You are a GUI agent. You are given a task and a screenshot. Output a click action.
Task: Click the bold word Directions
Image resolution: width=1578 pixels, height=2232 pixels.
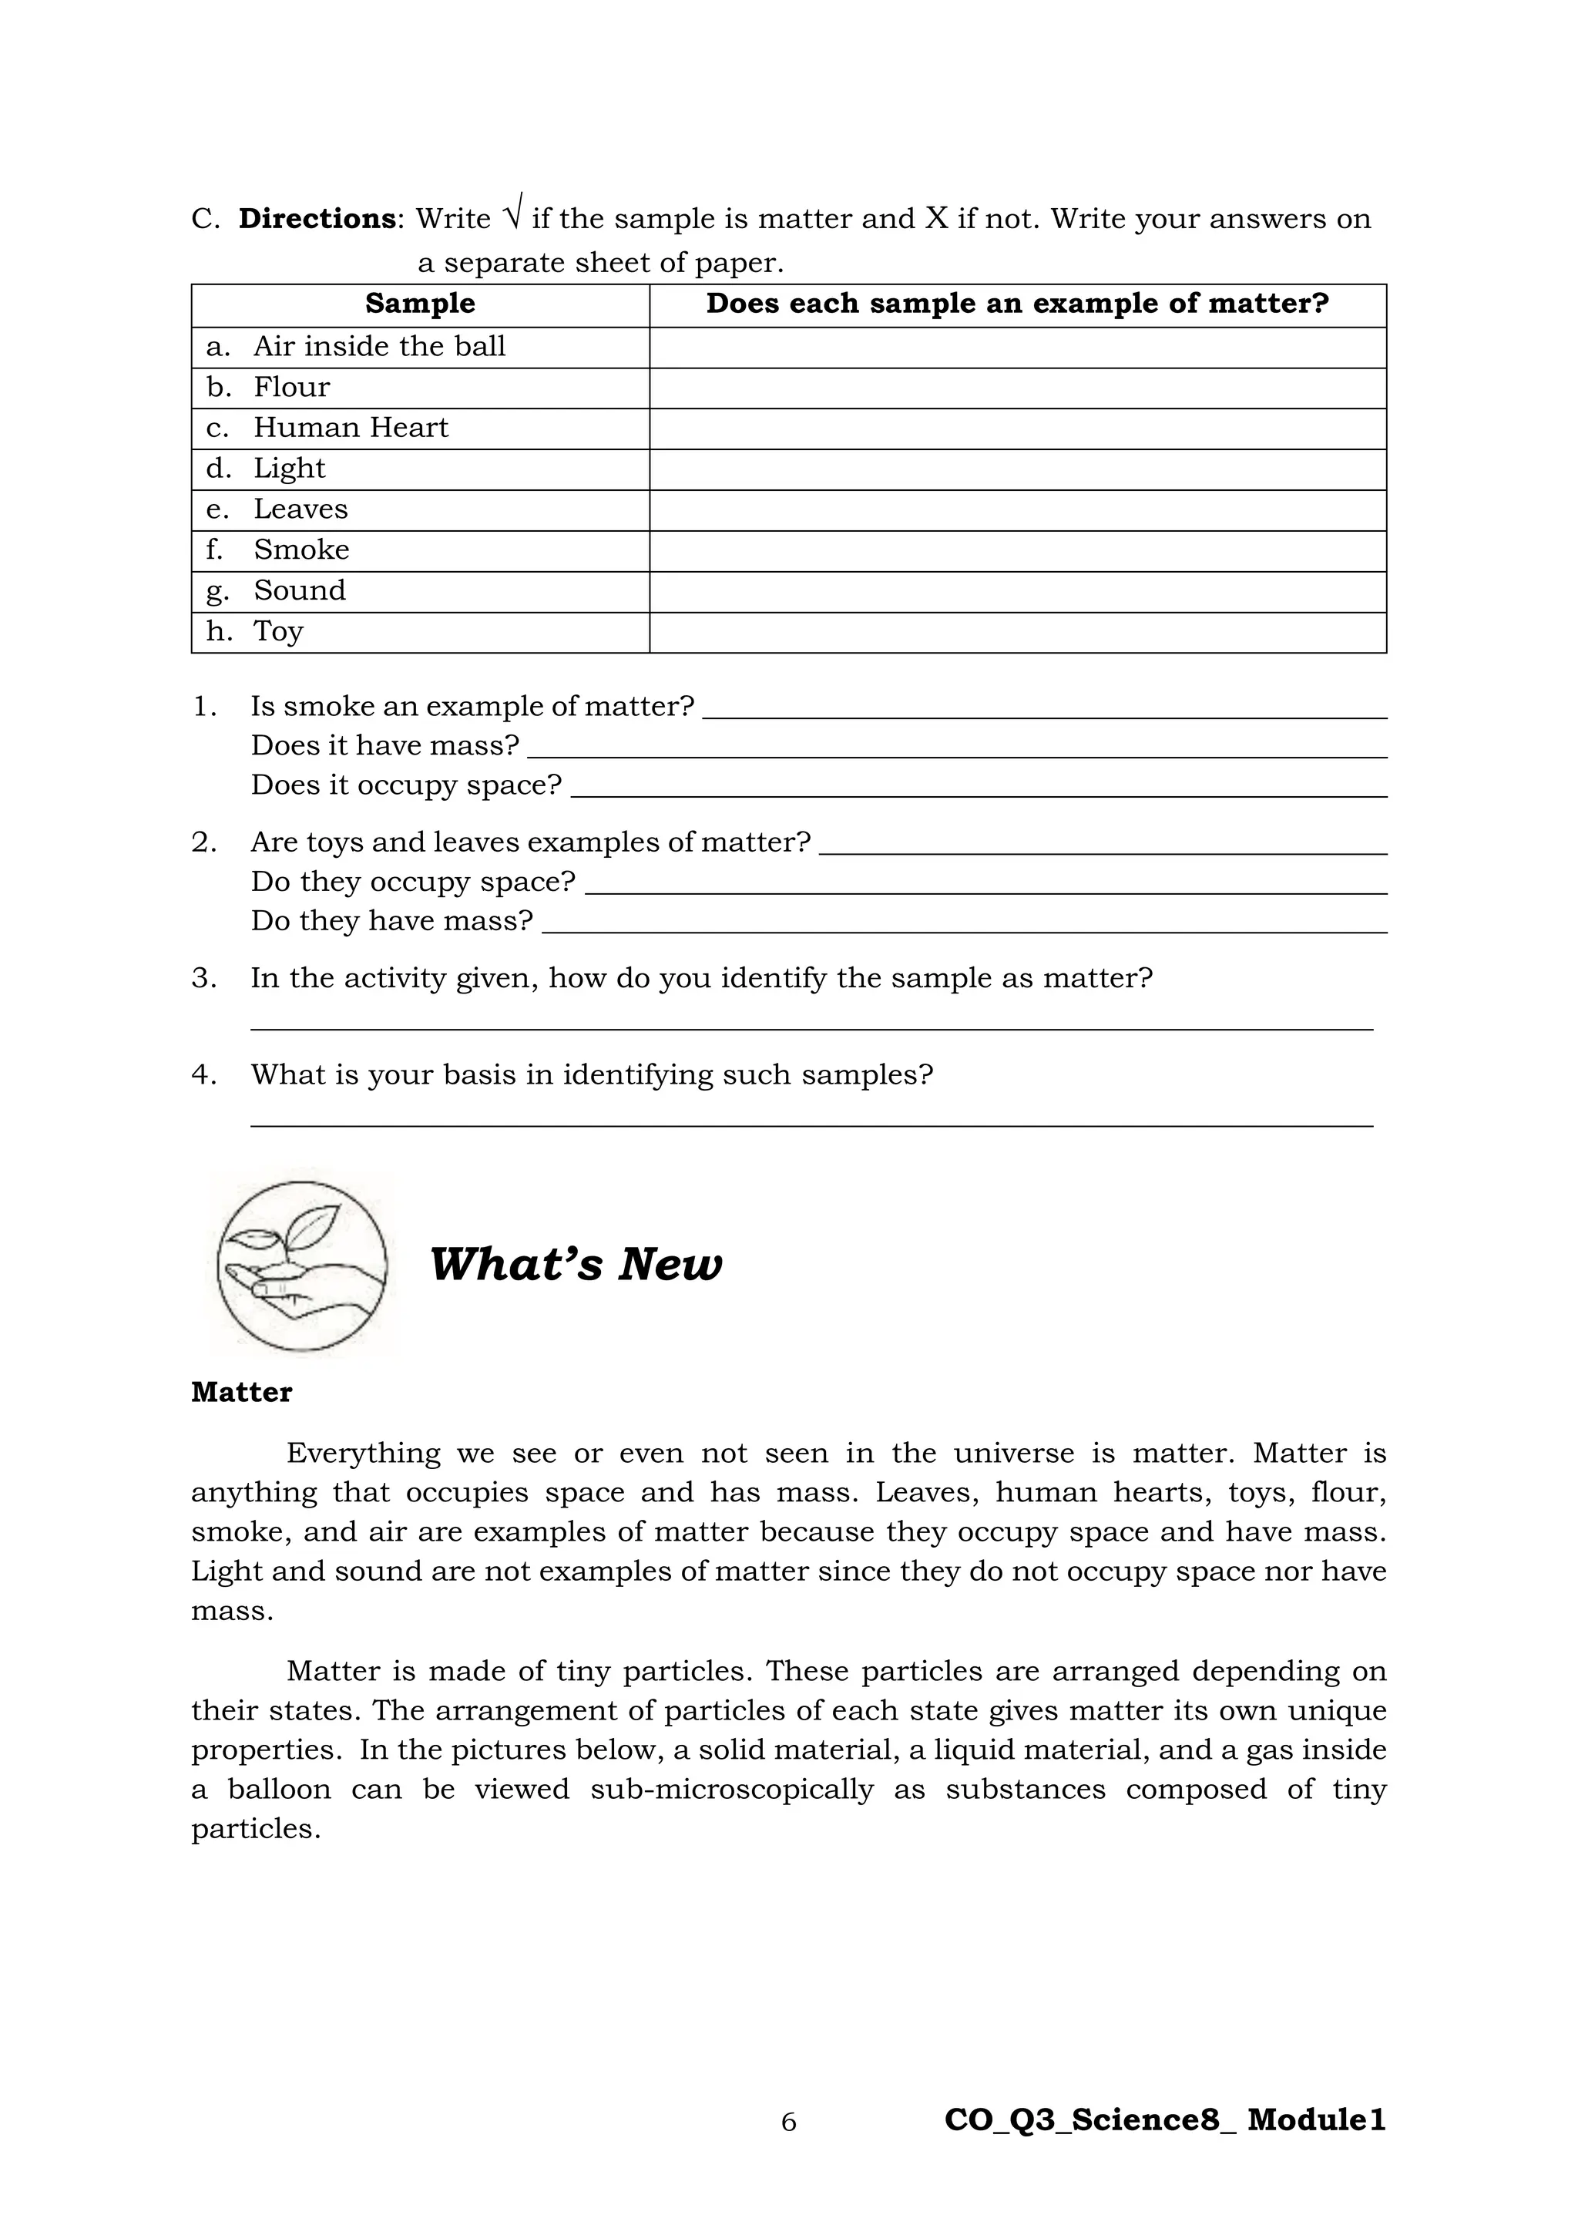coord(317,219)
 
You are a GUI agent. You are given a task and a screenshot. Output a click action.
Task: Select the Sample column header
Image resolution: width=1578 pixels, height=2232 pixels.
coord(420,304)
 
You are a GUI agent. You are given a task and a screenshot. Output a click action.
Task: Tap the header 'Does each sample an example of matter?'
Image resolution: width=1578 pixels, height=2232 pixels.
coord(1016,304)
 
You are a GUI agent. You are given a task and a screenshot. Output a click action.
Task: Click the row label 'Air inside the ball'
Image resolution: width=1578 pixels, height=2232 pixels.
coord(379,347)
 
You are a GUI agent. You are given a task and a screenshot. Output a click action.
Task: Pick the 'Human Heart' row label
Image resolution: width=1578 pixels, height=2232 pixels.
coord(350,428)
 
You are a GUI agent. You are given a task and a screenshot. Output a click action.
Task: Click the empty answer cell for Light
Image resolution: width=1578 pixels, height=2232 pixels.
coord(1016,469)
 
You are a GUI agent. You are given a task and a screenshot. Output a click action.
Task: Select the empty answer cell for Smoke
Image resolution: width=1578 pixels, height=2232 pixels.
coord(1016,551)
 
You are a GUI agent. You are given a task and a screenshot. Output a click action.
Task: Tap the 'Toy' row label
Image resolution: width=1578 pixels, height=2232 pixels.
coord(278,632)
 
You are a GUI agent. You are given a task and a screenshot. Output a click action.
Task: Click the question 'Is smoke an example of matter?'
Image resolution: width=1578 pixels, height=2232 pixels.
coord(472,707)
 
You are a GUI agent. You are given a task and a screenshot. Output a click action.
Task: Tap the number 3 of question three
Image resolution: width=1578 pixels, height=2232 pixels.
coord(203,978)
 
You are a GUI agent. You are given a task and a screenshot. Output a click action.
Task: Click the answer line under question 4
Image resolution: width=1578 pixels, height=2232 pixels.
coord(811,1124)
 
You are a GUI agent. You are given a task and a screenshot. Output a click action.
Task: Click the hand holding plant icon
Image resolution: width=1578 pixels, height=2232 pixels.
coord(302,1265)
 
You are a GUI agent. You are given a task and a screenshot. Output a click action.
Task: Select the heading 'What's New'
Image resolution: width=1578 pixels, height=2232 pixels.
coord(576,1265)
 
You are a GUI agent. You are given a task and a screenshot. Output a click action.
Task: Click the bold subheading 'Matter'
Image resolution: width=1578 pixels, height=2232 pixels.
coord(241,1393)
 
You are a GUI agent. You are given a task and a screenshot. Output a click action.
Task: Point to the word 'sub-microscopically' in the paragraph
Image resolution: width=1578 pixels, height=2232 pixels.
coord(732,1790)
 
